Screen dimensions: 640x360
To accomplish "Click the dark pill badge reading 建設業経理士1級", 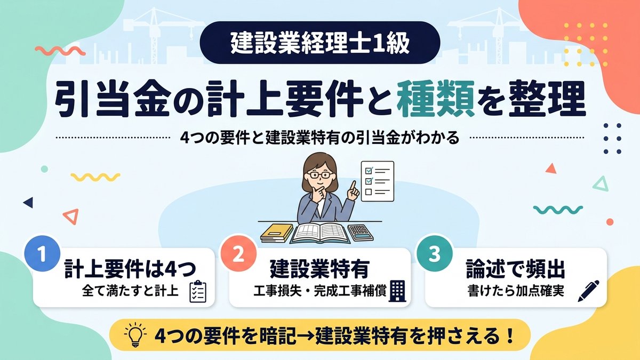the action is click(320, 42).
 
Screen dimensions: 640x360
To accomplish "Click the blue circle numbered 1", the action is click(42, 253).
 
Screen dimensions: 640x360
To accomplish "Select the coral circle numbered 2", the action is click(238, 253).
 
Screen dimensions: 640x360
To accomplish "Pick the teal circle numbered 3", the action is click(435, 253).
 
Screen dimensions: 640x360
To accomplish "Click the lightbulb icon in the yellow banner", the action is click(135, 334).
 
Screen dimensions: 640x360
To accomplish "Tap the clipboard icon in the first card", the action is click(198, 291).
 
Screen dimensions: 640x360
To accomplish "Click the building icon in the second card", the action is click(397, 291).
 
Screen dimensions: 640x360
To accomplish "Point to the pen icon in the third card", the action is click(588, 291).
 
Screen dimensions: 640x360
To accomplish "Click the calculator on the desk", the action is click(361, 233).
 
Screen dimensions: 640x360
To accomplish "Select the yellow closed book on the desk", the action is click(277, 233).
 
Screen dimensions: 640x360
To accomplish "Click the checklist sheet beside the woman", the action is click(378, 181).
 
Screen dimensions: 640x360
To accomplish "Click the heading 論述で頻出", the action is click(515, 269).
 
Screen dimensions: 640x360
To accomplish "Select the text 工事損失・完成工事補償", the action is click(320, 291).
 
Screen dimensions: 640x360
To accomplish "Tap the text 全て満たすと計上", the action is click(130, 291).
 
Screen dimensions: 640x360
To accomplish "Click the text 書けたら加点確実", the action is click(516, 291).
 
